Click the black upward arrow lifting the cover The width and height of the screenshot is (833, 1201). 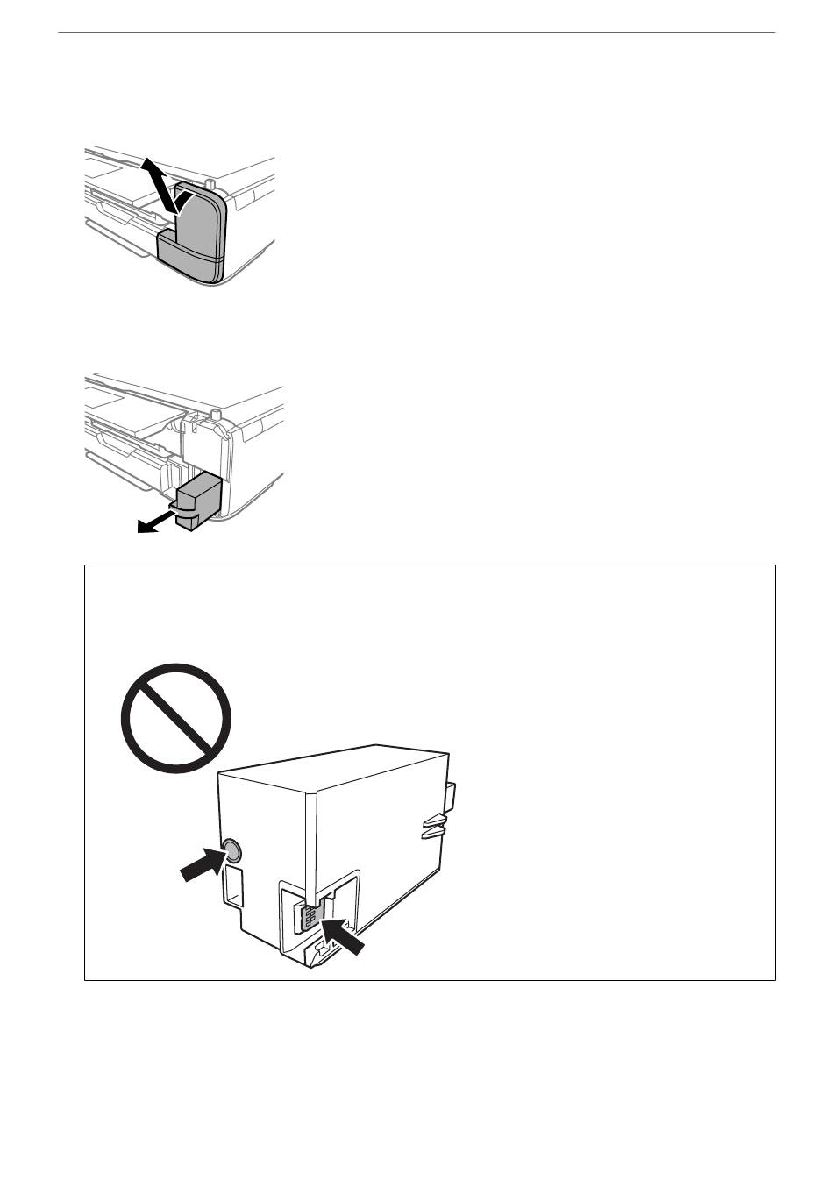[158, 181]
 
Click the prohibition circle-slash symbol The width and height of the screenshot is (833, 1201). [175, 719]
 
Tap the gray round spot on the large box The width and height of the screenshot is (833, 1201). [231, 849]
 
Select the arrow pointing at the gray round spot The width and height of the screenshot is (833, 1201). [200, 863]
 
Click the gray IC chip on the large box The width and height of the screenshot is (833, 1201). [309, 917]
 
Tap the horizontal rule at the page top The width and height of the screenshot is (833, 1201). [416, 33]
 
